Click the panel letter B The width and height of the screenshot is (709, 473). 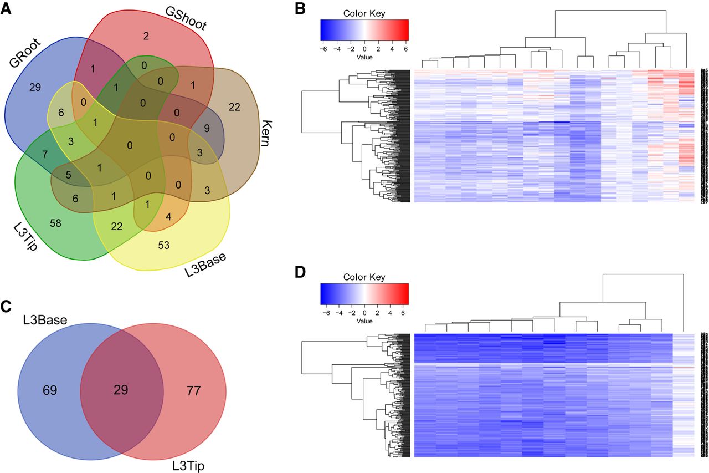coord(300,9)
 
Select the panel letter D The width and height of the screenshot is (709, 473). coord(300,273)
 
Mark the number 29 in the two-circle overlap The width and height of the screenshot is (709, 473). coord(121,389)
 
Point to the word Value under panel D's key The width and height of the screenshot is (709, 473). coord(364,321)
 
